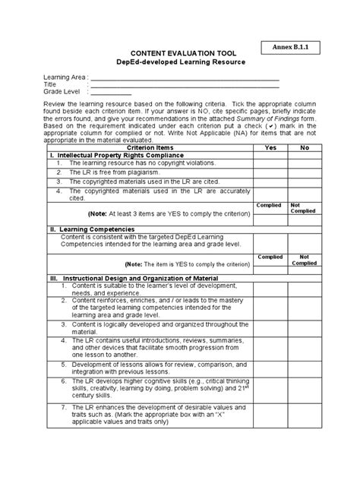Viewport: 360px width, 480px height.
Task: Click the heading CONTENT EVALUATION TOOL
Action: click(x=178, y=52)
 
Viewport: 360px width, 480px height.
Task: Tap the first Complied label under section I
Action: click(x=270, y=205)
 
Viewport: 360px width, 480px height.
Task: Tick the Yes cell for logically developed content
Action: click(x=270, y=330)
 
